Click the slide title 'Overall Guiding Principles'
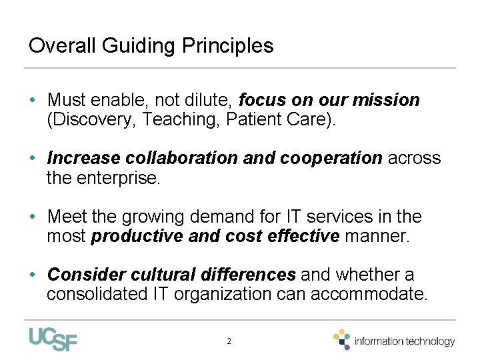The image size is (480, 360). pos(151,46)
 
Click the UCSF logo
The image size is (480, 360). pos(53,339)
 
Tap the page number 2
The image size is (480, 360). pos(229,341)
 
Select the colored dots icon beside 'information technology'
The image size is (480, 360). pos(342,339)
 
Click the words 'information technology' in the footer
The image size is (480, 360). pos(405,341)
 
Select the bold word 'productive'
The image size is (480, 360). pos(137,237)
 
